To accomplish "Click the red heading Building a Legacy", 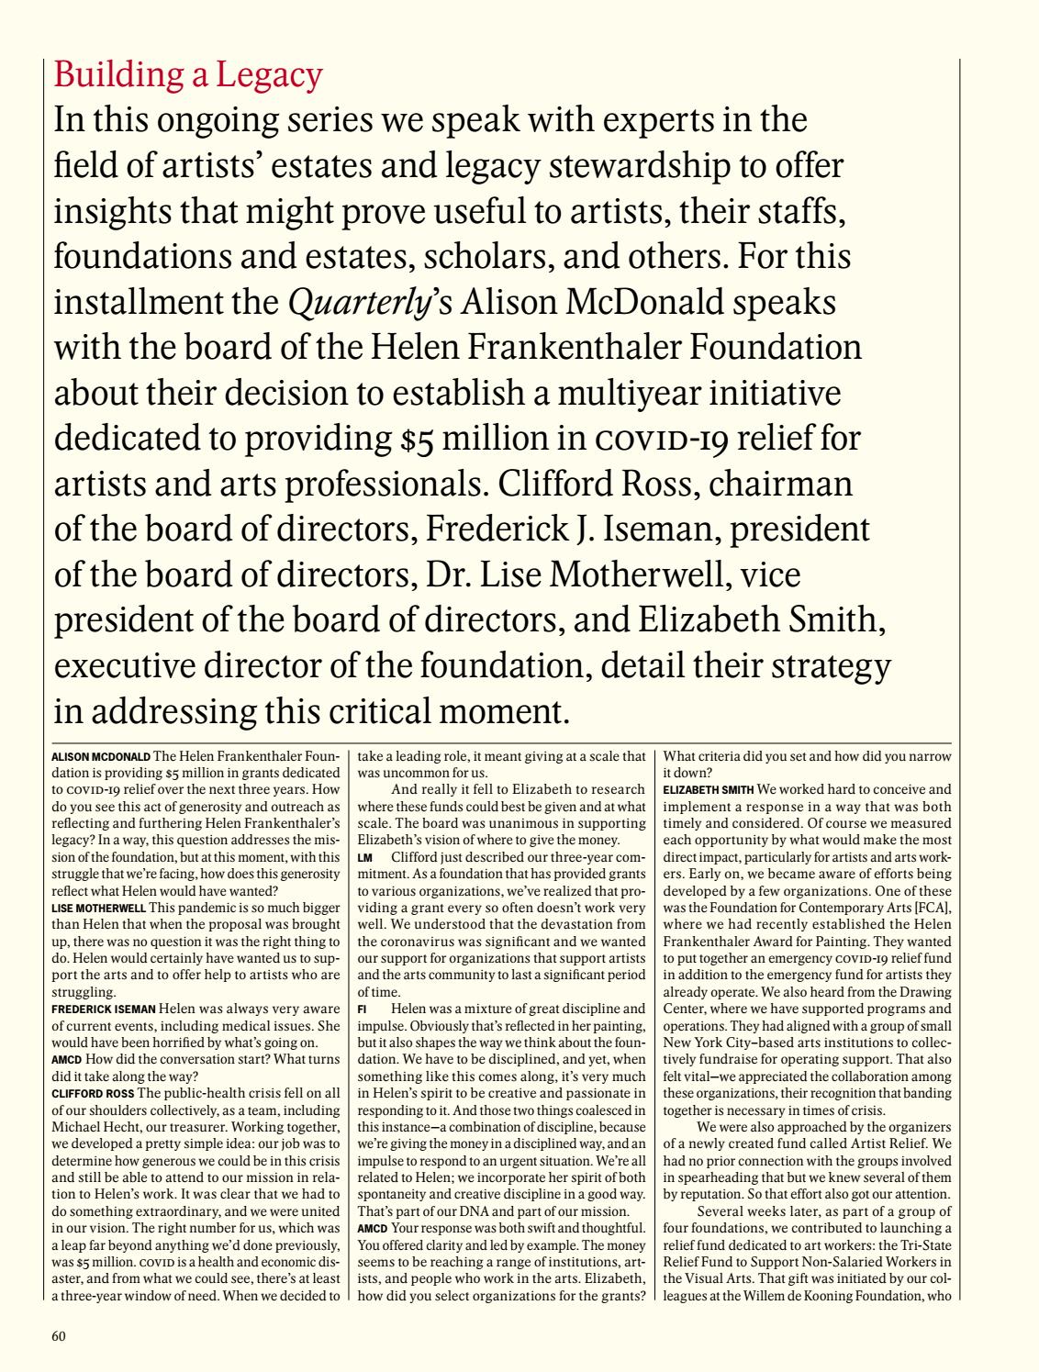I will (188, 74).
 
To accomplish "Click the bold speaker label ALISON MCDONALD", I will (101, 757).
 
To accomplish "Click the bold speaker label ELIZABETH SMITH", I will (708, 788).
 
